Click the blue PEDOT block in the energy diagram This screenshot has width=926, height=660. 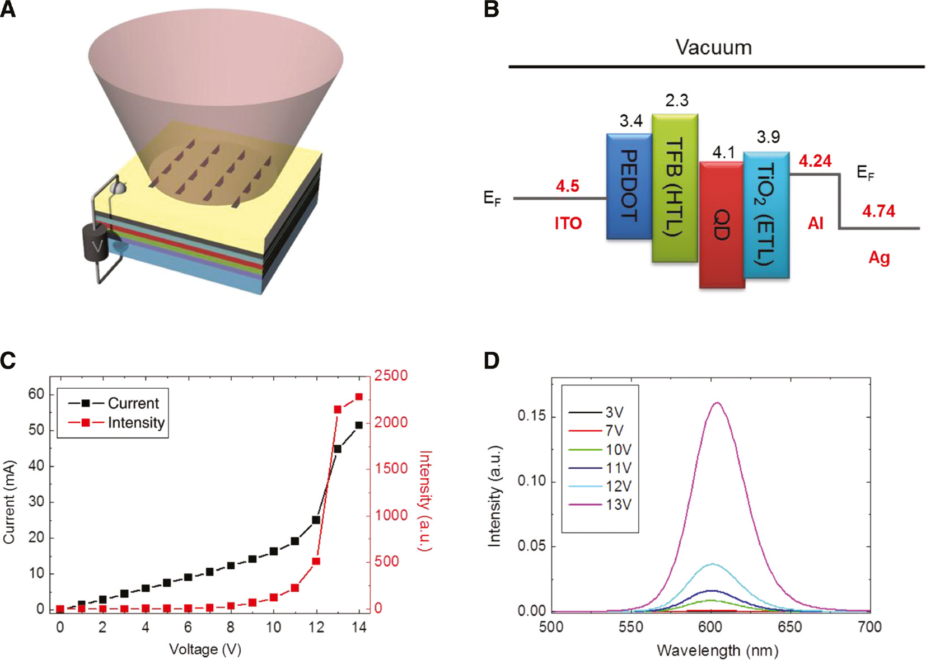coord(629,186)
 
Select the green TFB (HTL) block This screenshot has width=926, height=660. coord(675,188)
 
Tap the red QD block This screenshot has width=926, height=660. coord(722,224)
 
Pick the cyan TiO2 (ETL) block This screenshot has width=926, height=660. coord(766,215)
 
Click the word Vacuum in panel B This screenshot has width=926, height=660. coord(713,48)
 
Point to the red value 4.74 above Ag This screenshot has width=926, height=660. coord(878,211)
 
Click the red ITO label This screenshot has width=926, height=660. coord(568,224)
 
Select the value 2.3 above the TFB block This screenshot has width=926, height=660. coord(676,101)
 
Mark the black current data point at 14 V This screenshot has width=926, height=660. coord(359,425)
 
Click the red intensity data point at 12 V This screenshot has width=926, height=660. coord(316,561)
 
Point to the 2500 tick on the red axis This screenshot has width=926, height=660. coord(391,376)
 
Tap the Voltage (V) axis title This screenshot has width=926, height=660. coord(205,649)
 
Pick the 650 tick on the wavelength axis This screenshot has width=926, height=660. coord(790,627)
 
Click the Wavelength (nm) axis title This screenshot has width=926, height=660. coord(717,650)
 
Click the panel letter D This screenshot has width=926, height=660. coord(491,361)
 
